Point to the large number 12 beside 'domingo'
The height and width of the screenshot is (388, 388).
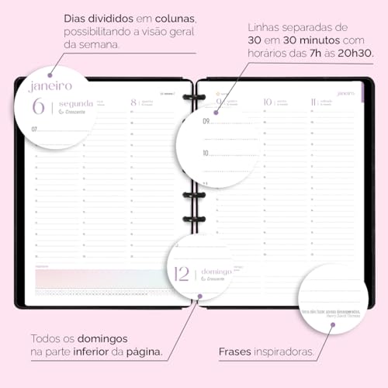pos(182,272)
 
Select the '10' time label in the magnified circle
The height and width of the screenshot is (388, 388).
pos(206,154)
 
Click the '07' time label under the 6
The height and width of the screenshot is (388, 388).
pos(34,128)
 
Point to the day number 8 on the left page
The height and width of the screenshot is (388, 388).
pos(133,101)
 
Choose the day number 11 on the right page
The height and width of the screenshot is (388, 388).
pos(313,101)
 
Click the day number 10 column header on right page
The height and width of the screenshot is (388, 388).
pos(267,101)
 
